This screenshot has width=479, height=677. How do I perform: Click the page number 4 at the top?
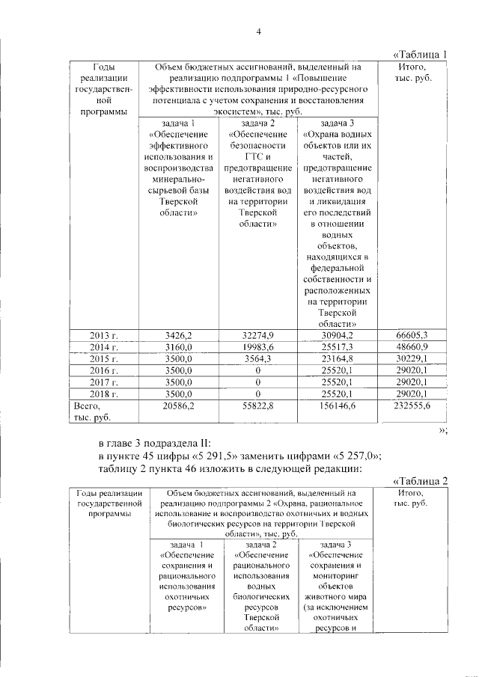point(258,31)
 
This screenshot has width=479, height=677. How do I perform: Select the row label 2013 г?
point(105,334)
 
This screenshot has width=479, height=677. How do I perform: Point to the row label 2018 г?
point(105,393)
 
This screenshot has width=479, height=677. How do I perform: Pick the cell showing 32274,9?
point(257,334)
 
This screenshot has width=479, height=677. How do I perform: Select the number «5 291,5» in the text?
point(222,456)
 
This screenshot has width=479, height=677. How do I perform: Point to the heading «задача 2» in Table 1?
point(257,123)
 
